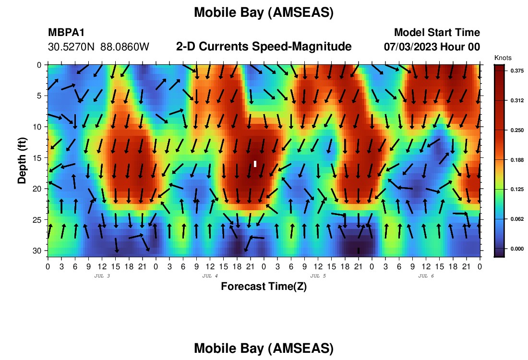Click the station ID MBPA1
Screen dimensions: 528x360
(x=66, y=32)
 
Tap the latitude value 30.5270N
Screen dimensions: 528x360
(x=72, y=47)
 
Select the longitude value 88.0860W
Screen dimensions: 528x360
(x=125, y=47)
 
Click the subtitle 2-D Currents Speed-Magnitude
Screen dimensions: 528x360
(x=264, y=46)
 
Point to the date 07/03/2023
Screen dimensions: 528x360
(x=410, y=47)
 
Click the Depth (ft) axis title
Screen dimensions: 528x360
(x=22, y=161)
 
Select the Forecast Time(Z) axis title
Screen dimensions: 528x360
(x=264, y=286)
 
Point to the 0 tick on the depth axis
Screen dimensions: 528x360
(x=39, y=65)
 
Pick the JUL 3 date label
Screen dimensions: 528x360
(x=102, y=276)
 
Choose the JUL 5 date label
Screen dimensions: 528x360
(x=318, y=276)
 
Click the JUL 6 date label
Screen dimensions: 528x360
(x=426, y=276)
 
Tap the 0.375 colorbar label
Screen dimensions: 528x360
(x=517, y=71)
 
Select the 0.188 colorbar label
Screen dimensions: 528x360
(x=517, y=160)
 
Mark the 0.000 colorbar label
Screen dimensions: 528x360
(x=517, y=249)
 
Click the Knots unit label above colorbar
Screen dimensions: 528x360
(x=503, y=58)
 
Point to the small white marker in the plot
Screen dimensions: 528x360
(x=255, y=164)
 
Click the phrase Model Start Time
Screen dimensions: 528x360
(x=437, y=32)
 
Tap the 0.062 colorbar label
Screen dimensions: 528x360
(x=517, y=219)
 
